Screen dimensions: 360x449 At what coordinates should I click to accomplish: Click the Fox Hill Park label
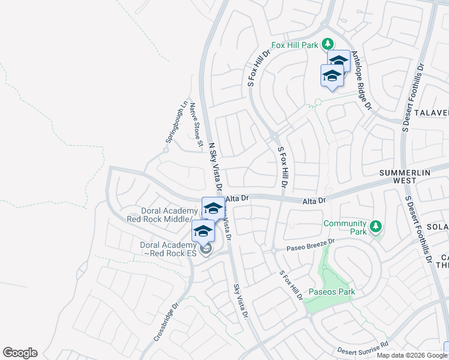coord(295,44)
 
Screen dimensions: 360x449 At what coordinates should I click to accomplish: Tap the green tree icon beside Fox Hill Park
coord(327,44)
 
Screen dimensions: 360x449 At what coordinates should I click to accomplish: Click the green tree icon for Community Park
coord(376,226)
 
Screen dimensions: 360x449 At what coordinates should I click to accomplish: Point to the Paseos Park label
coord(331,292)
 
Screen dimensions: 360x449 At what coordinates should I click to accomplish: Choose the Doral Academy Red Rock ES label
coord(168,249)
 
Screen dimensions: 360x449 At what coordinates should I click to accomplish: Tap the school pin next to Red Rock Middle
coord(213,209)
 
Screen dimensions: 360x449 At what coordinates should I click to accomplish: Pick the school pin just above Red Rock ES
coord(203,231)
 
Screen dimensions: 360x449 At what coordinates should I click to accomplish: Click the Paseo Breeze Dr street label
coord(310,245)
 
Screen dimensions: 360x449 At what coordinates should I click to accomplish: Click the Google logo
coord(20,353)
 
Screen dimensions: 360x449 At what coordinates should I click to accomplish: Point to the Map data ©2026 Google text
coord(411,355)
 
